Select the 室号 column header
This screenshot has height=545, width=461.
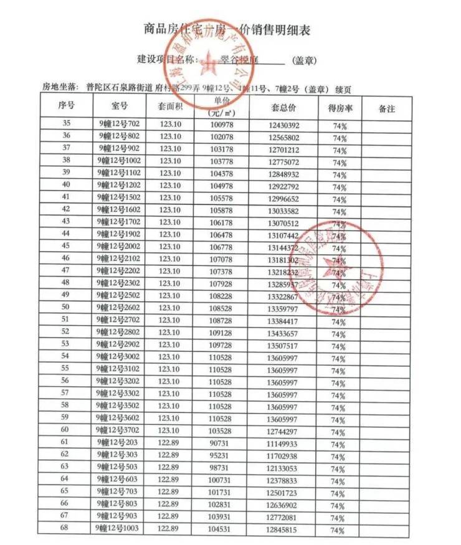(x=120, y=108)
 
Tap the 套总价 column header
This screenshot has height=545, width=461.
(x=283, y=108)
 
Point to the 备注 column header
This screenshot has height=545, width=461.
(x=387, y=108)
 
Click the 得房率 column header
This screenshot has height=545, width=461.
(x=340, y=108)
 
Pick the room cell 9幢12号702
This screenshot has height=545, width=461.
(x=119, y=125)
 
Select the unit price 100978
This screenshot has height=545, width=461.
(x=221, y=125)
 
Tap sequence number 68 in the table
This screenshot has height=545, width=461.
(x=65, y=529)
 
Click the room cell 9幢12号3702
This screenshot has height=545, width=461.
(x=119, y=430)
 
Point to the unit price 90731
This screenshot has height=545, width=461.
(x=221, y=442)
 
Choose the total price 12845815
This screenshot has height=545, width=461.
(x=284, y=529)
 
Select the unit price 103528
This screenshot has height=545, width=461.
(x=221, y=430)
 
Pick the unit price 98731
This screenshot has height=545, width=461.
(x=221, y=467)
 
